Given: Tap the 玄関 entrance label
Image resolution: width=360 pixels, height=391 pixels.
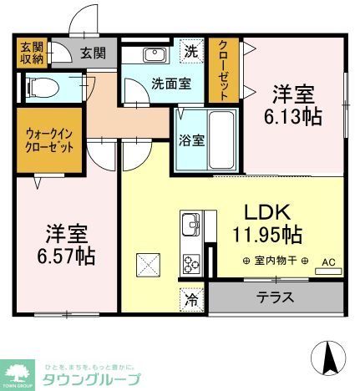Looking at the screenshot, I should point(93,53).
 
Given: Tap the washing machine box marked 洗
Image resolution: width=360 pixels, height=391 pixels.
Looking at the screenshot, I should point(192,50).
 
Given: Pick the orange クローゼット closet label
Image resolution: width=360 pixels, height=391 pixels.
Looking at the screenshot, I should point(224,71).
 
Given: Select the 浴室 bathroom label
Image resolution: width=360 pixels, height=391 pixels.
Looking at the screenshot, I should point(191,140).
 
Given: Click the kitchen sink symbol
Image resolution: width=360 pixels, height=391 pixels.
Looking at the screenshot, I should point(190,225).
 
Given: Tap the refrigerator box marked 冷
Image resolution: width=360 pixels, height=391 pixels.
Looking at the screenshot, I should point(192,297).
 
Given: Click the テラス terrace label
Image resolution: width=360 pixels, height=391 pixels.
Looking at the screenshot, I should point(276,296).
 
